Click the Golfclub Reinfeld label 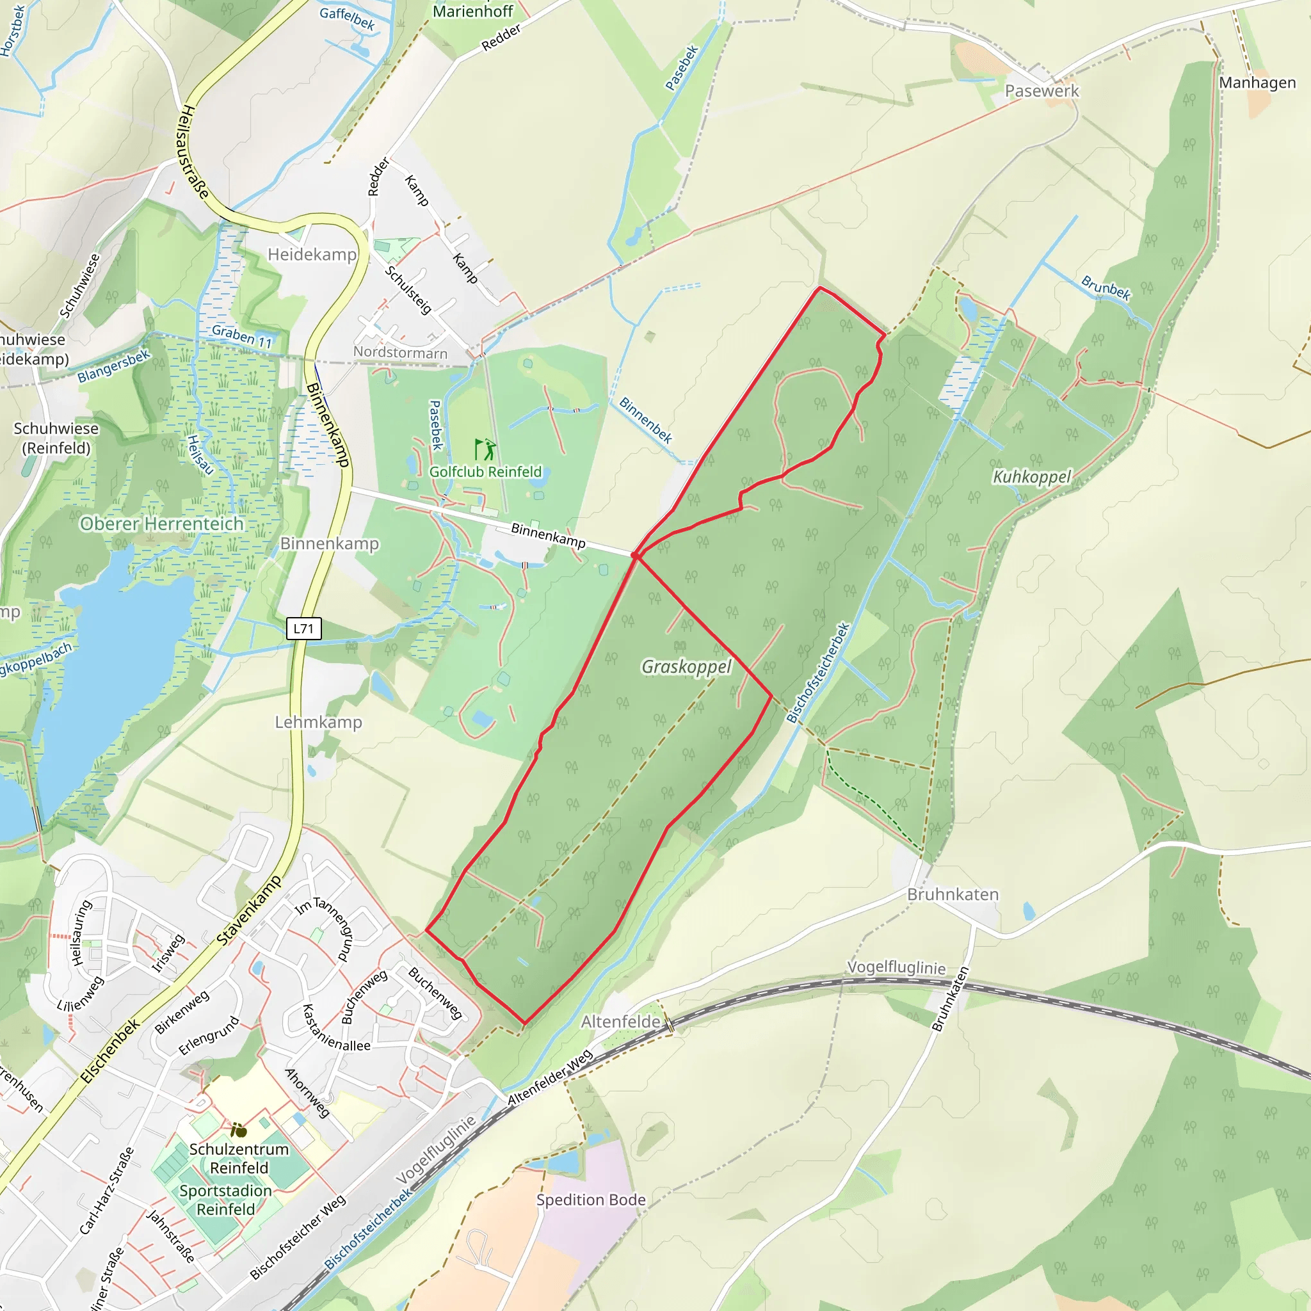point(485,472)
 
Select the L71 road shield point(303,629)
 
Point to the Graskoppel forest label point(686,667)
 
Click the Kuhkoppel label point(1031,477)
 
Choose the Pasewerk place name point(1041,91)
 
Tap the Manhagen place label point(1257,83)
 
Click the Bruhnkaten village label point(953,894)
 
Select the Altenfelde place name point(620,1021)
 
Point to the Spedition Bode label point(591,1200)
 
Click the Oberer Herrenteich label point(161,524)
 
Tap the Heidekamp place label point(312,255)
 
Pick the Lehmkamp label point(318,722)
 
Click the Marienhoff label point(473,11)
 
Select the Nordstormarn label point(400,353)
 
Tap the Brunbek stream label point(1106,287)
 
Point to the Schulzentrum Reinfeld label point(239,1158)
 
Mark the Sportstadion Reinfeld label point(225,1200)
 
